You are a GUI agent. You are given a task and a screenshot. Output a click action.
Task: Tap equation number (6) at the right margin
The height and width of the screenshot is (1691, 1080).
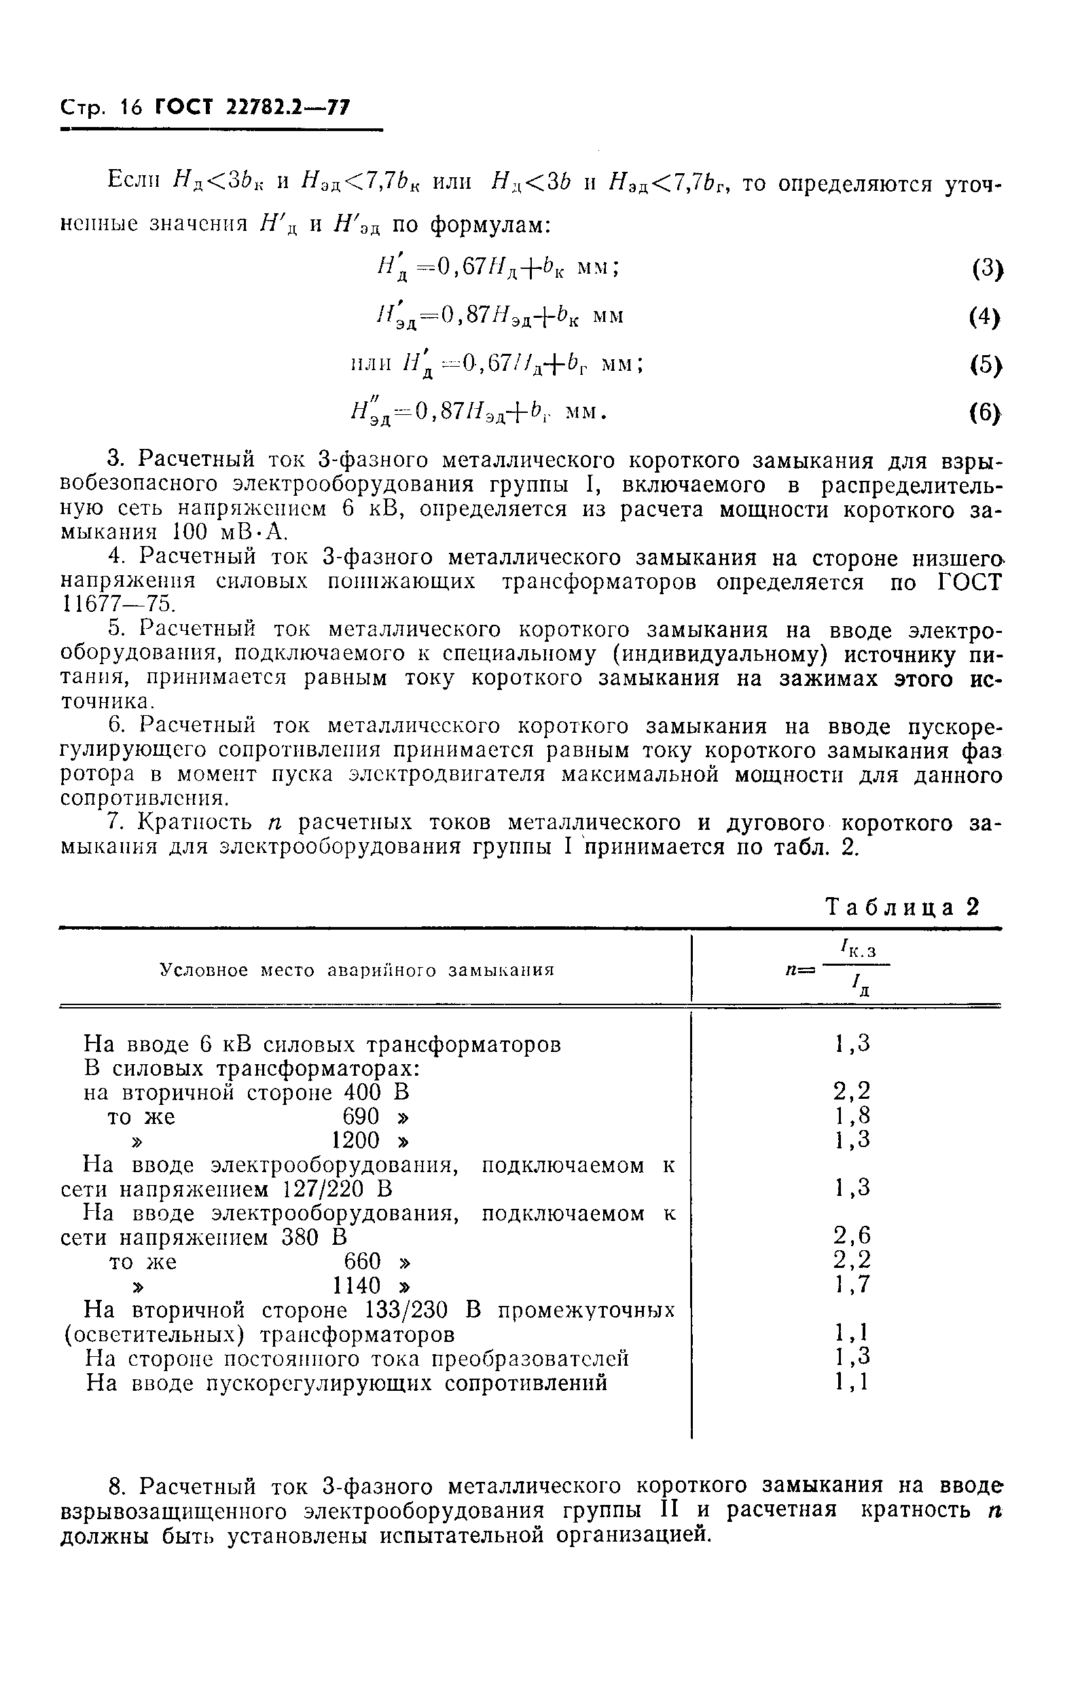(985, 414)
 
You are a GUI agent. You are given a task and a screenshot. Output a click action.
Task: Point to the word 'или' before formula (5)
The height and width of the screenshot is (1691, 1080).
(370, 364)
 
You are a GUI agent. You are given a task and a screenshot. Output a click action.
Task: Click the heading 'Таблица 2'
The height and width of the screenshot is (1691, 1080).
(901, 908)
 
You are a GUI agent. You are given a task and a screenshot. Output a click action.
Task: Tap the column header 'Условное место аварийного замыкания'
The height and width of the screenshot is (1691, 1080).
(357, 970)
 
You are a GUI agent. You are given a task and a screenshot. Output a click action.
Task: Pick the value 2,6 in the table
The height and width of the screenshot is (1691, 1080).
(852, 1235)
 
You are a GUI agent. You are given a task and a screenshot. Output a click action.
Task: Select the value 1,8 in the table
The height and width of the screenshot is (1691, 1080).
(852, 1115)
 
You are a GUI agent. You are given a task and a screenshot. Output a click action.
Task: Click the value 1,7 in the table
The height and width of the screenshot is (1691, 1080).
(852, 1284)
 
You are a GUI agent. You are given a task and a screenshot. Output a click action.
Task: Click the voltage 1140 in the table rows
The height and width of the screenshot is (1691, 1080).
(356, 1286)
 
